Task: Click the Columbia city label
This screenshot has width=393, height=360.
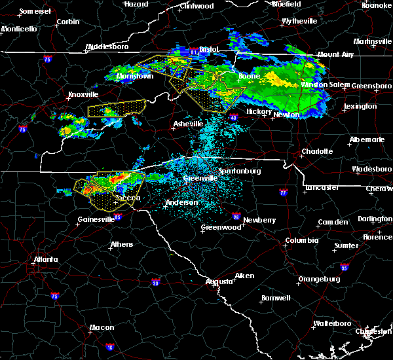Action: [302, 240]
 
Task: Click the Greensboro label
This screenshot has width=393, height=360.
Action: [372, 86]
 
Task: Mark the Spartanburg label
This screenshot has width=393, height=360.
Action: [240, 171]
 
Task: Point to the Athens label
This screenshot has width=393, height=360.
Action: [121, 244]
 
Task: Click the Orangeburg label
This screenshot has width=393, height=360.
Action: [320, 279]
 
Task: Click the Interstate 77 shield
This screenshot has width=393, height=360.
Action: [283, 193]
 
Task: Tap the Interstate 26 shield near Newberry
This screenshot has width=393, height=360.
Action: [236, 217]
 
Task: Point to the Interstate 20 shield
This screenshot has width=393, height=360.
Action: [156, 282]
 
